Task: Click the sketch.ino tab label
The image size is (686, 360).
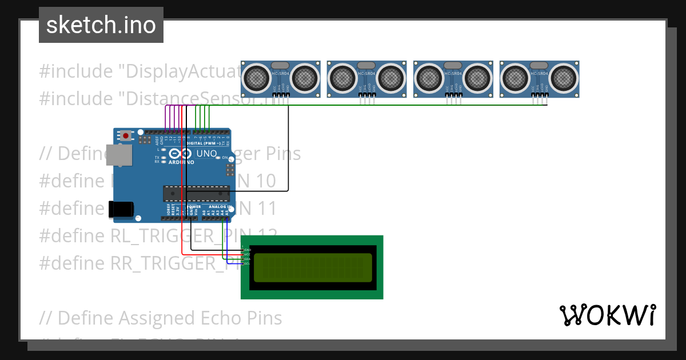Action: point(101,25)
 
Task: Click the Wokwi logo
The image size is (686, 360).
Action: point(607,315)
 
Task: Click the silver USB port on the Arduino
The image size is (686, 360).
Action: point(118,155)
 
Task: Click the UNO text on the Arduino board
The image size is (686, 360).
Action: point(206,153)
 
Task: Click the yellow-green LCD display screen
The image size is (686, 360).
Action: point(312,267)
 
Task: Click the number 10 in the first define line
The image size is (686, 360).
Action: point(262,181)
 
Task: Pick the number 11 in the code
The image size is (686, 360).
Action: point(264,209)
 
